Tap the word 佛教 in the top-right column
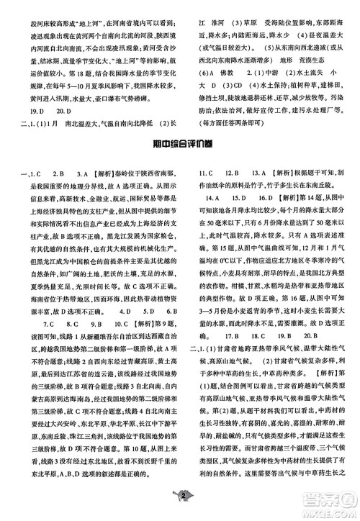pos(224,74)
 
